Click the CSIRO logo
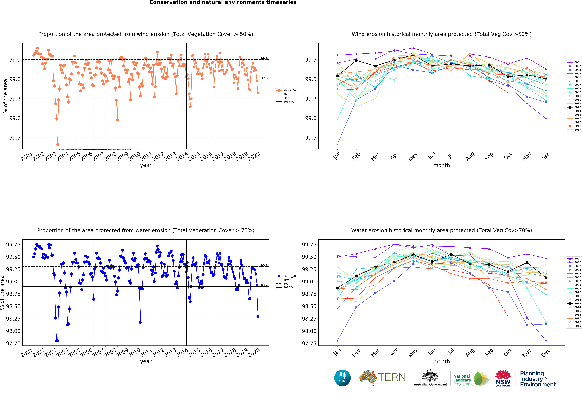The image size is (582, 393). click(x=342, y=378)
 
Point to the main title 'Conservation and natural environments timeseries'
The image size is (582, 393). click(x=223, y=3)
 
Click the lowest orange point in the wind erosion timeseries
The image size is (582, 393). click(x=58, y=144)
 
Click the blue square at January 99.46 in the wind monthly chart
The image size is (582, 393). click(x=337, y=144)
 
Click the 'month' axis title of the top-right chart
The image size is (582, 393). click(x=442, y=165)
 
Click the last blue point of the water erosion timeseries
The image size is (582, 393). click(x=258, y=317)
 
